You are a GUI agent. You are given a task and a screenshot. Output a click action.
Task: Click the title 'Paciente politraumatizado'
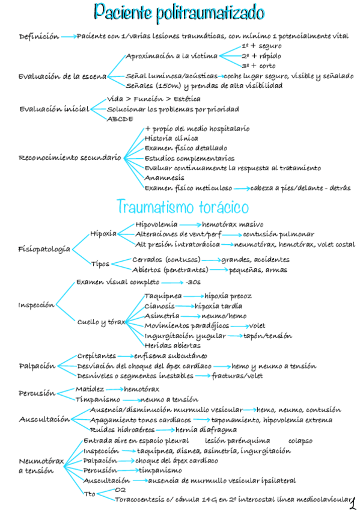180,12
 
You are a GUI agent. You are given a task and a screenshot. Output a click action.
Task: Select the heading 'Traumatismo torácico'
182,207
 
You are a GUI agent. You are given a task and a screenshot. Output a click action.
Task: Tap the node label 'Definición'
39,37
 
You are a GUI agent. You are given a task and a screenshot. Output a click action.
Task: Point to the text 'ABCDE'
120,119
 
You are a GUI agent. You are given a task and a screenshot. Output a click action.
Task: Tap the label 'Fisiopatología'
44,249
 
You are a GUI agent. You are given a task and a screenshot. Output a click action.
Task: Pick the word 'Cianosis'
160,306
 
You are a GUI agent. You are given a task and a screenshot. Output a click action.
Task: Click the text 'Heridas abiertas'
172,345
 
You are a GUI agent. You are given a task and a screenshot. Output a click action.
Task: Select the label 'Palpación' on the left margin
37,366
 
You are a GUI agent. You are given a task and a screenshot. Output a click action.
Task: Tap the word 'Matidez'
89,389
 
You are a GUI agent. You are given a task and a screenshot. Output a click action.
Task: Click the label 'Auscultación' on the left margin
44,419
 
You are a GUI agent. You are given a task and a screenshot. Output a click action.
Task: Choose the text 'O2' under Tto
120,490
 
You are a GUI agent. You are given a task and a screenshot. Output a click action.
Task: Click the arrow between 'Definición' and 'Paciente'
69,37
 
